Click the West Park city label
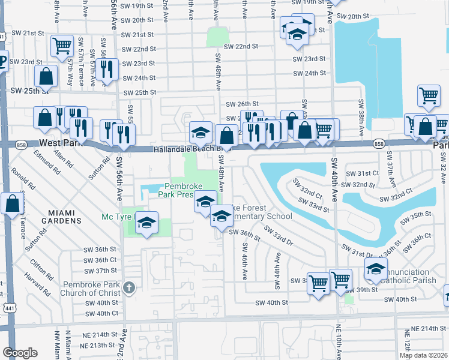tap(59, 143)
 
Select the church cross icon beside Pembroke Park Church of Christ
tap(127, 289)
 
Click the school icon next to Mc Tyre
tap(146, 223)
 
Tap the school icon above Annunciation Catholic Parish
tap(376, 269)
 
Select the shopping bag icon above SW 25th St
tap(46, 76)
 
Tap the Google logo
tap(20, 352)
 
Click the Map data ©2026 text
tap(423, 355)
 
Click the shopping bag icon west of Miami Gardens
tap(13, 203)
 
